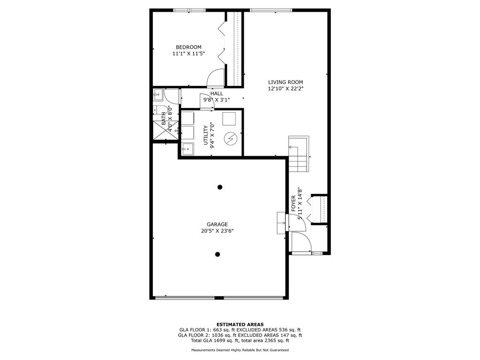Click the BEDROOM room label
click(188, 47)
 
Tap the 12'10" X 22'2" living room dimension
click(285, 89)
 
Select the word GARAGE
click(217, 225)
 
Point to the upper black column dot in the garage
click(220, 187)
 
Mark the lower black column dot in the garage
click(217, 254)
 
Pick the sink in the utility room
click(187, 149)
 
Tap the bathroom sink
click(158, 95)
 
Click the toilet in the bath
click(160, 110)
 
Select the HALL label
click(217, 93)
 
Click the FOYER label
click(293, 203)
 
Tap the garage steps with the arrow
click(281, 223)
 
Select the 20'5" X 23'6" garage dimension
click(217, 231)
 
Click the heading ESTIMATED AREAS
click(240, 324)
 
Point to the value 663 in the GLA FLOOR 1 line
click(212, 330)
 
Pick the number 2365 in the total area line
click(269, 340)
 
